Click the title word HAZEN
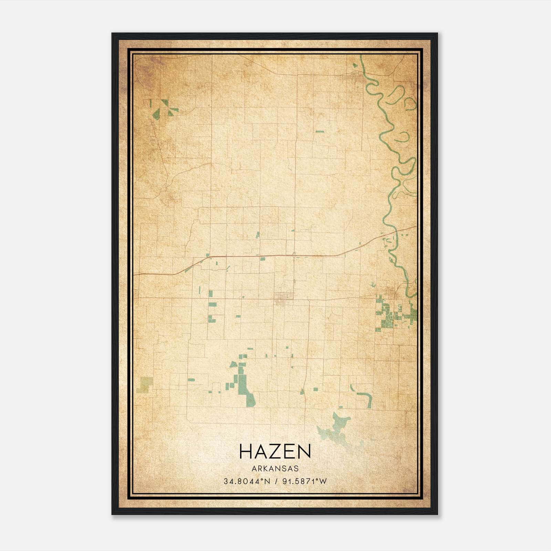point(275,451)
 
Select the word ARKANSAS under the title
point(275,469)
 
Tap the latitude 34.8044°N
point(246,481)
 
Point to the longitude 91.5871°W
point(304,481)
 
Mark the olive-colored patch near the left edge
point(145,385)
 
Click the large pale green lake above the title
point(336,427)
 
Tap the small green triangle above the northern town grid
point(355,65)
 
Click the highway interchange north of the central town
point(294,255)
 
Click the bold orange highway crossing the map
point(241,256)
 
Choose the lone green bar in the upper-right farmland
point(320,131)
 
